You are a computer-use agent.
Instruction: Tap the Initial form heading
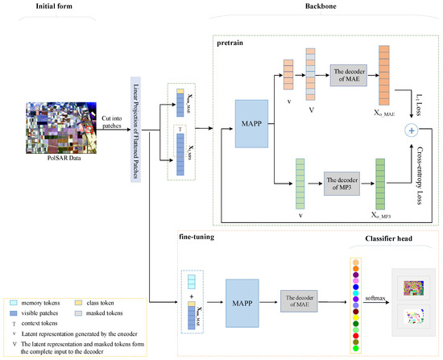(59, 6)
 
